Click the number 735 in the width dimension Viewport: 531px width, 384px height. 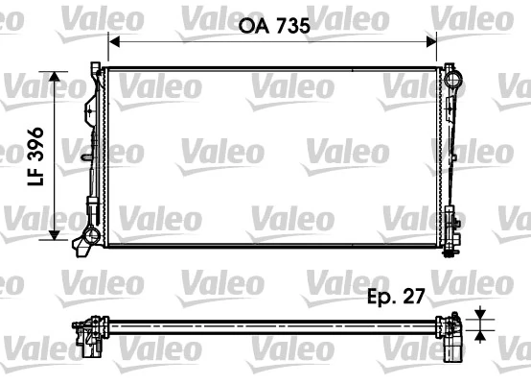click(291, 27)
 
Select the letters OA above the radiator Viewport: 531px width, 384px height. click(251, 27)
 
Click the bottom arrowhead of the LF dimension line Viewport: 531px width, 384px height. click(59, 239)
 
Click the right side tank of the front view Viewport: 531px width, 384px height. click(450, 154)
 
